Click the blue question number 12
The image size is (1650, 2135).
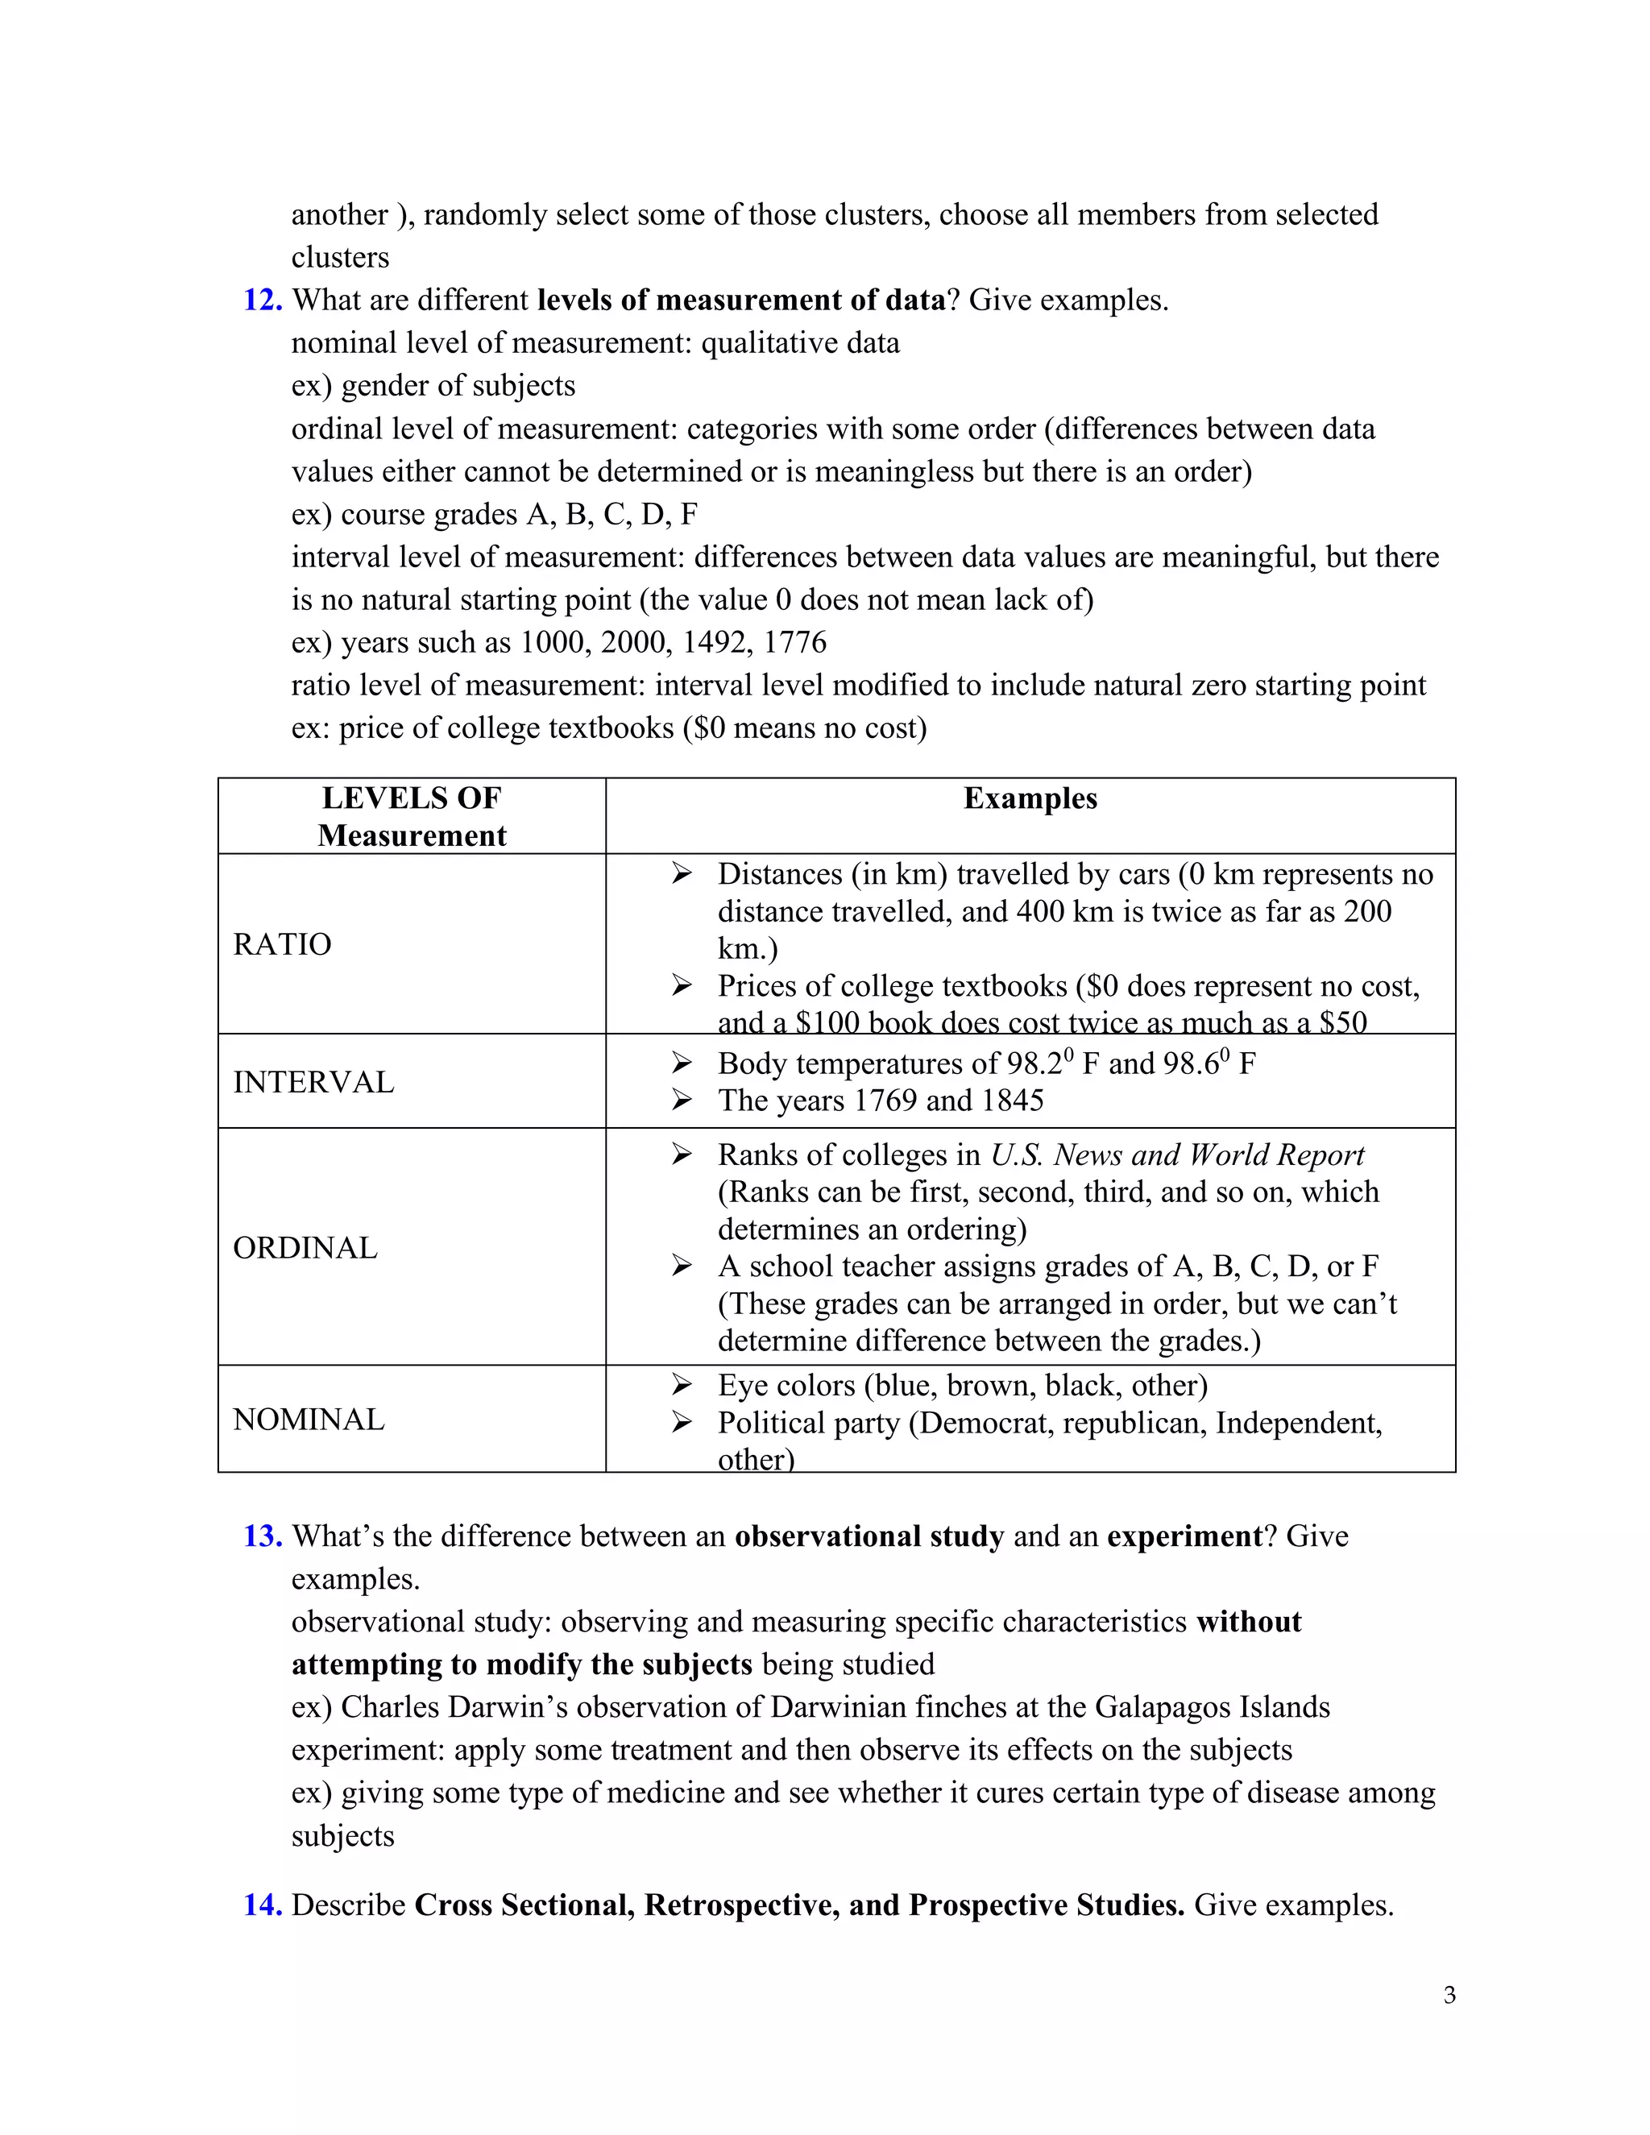[x=262, y=301]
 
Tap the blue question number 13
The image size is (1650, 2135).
[x=262, y=1536]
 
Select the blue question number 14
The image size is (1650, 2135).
[x=262, y=1905]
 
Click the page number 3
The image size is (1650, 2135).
[x=1449, y=1995]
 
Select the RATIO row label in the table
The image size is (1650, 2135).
[x=283, y=944]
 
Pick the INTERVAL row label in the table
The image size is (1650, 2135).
[x=313, y=1082]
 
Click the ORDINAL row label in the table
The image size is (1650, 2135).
[x=305, y=1248]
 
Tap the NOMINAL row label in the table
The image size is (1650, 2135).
[x=309, y=1420]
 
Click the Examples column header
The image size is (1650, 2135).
[x=1030, y=798]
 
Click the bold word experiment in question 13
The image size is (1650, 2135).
[x=1184, y=1536]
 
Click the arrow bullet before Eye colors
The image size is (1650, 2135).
[x=682, y=1385]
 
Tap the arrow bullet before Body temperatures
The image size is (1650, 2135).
[x=682, y=1063]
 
